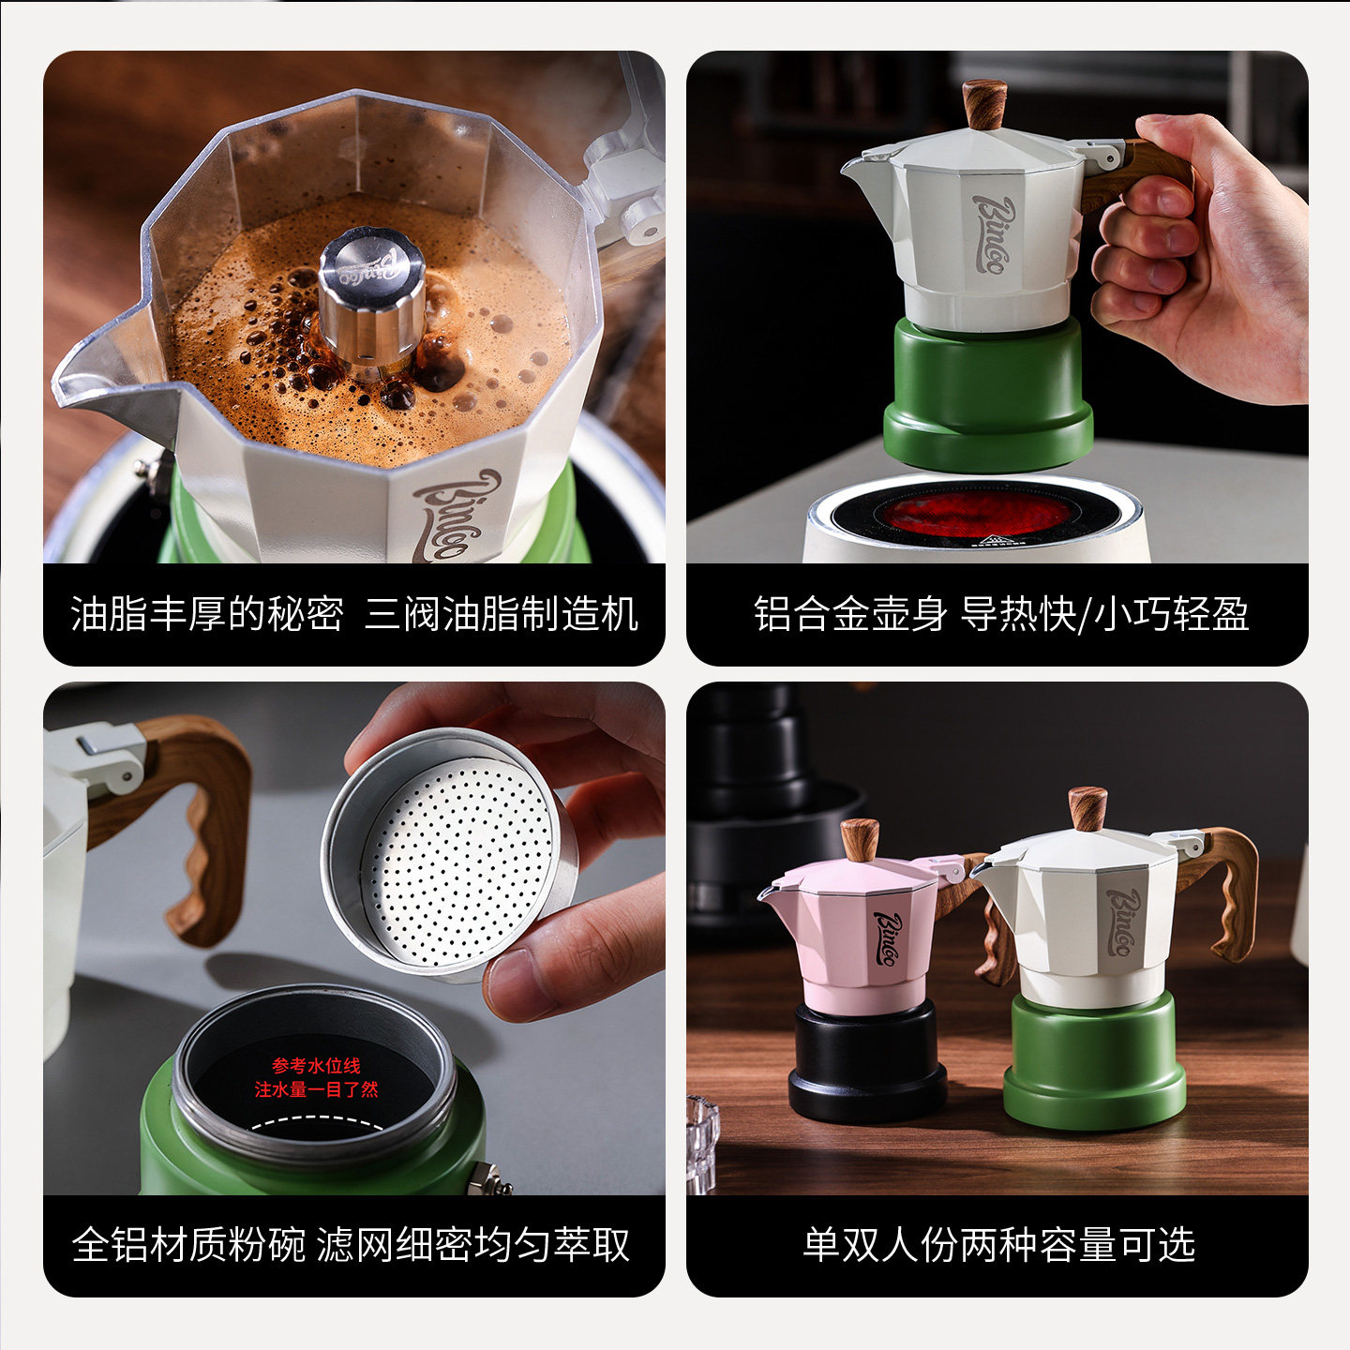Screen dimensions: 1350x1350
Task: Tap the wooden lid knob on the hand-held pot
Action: [x=984, y=103]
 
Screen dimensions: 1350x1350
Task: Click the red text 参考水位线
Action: [x=316, y=1066]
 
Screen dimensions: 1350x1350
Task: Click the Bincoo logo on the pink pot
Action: [x=887, y=937]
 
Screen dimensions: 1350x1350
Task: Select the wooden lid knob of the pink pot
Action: [x=860, y=839]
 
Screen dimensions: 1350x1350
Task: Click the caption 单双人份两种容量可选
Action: [x=998, y=1244]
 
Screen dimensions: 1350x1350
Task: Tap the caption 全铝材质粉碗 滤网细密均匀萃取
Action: [x=352, y=1244]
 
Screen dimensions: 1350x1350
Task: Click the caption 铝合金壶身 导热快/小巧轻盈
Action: [x=1000, y=615]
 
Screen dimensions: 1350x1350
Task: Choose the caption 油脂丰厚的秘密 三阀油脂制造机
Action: [x=354, y=615]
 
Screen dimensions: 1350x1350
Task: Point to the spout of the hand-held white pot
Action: [x=857, y=170]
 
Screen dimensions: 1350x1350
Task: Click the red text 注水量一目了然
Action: [x=316, y=1089]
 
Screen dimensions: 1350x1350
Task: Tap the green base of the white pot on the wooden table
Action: [x=1095, y=1064]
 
